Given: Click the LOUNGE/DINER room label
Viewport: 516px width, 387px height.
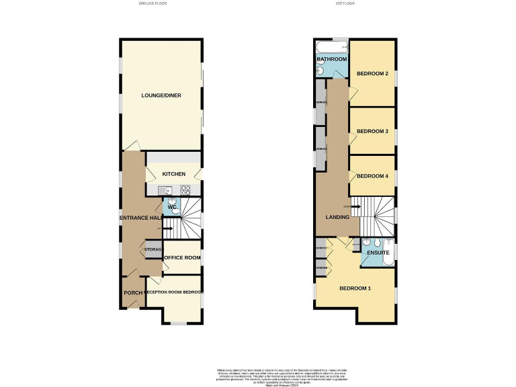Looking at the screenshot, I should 161,95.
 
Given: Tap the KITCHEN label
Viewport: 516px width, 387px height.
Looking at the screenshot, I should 173,175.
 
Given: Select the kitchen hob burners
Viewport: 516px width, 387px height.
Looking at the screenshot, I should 185,191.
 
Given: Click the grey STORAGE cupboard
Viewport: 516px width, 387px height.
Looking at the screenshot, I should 153,250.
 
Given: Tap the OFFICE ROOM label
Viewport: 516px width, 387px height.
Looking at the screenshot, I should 183,257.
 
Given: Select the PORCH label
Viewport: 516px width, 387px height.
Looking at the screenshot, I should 133,293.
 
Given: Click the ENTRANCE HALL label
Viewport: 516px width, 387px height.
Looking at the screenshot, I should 141,218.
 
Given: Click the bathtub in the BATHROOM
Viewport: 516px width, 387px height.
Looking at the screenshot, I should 332,47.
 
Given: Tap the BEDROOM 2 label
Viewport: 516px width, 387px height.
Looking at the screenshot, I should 373,73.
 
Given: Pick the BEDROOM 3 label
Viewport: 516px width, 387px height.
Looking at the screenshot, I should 373,131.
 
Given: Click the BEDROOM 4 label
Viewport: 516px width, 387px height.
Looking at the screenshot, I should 373,176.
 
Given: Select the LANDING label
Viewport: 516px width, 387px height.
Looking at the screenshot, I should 337,217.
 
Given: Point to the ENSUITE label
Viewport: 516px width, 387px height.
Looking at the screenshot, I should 378,253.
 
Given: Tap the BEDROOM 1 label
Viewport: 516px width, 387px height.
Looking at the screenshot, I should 355,289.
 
